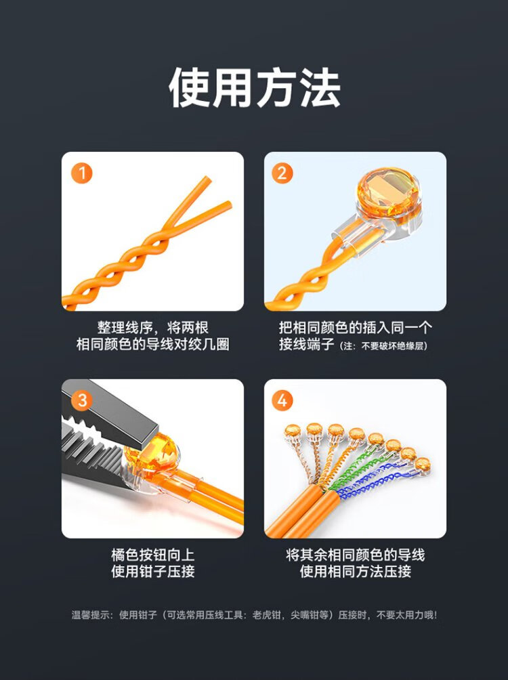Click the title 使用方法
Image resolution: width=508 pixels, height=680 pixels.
(x=254, y=87)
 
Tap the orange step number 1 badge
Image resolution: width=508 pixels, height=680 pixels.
(x=81, y=173)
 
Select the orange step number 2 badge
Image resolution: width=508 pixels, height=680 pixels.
(x=282, y=173)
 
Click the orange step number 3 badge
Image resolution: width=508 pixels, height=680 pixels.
(x=81, y=400)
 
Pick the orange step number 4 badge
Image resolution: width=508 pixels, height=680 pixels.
(x=282, y=400)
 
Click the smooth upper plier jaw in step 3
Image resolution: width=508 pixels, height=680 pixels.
(x=113, y=412)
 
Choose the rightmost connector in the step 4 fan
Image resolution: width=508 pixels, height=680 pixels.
(x=422, y=466)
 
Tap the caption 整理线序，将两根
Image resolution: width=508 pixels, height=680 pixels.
(x=152, y=327)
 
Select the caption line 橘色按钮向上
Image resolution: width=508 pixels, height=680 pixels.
(x=152, y=555)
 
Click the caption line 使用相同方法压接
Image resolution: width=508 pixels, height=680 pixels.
(x=356, y=571)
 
